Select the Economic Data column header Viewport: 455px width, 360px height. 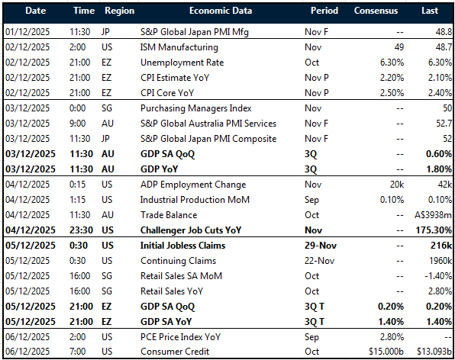[x=222, y=11]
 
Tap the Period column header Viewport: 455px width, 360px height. [x=324, y=11]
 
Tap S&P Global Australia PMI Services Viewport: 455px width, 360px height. [x=208, y=124]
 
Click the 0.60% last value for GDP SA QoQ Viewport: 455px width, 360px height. [x=435, y=153]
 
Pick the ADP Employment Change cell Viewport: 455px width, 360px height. [x=192, y=185]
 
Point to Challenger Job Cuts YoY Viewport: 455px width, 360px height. [x=202, y=230]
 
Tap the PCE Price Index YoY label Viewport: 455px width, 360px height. [x=188, y=337]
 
